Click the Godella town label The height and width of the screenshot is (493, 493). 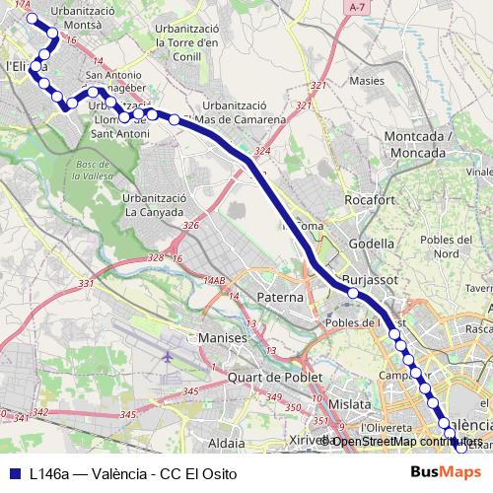(x=372, y=244)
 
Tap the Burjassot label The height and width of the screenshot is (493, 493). (x=369, y=279)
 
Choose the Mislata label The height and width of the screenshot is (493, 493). (x=350, y=404)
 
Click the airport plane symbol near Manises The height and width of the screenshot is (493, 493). (x=168, y=356)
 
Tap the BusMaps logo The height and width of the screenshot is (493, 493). (x=446, y=472)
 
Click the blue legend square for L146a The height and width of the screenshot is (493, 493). (x=14, y=472)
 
